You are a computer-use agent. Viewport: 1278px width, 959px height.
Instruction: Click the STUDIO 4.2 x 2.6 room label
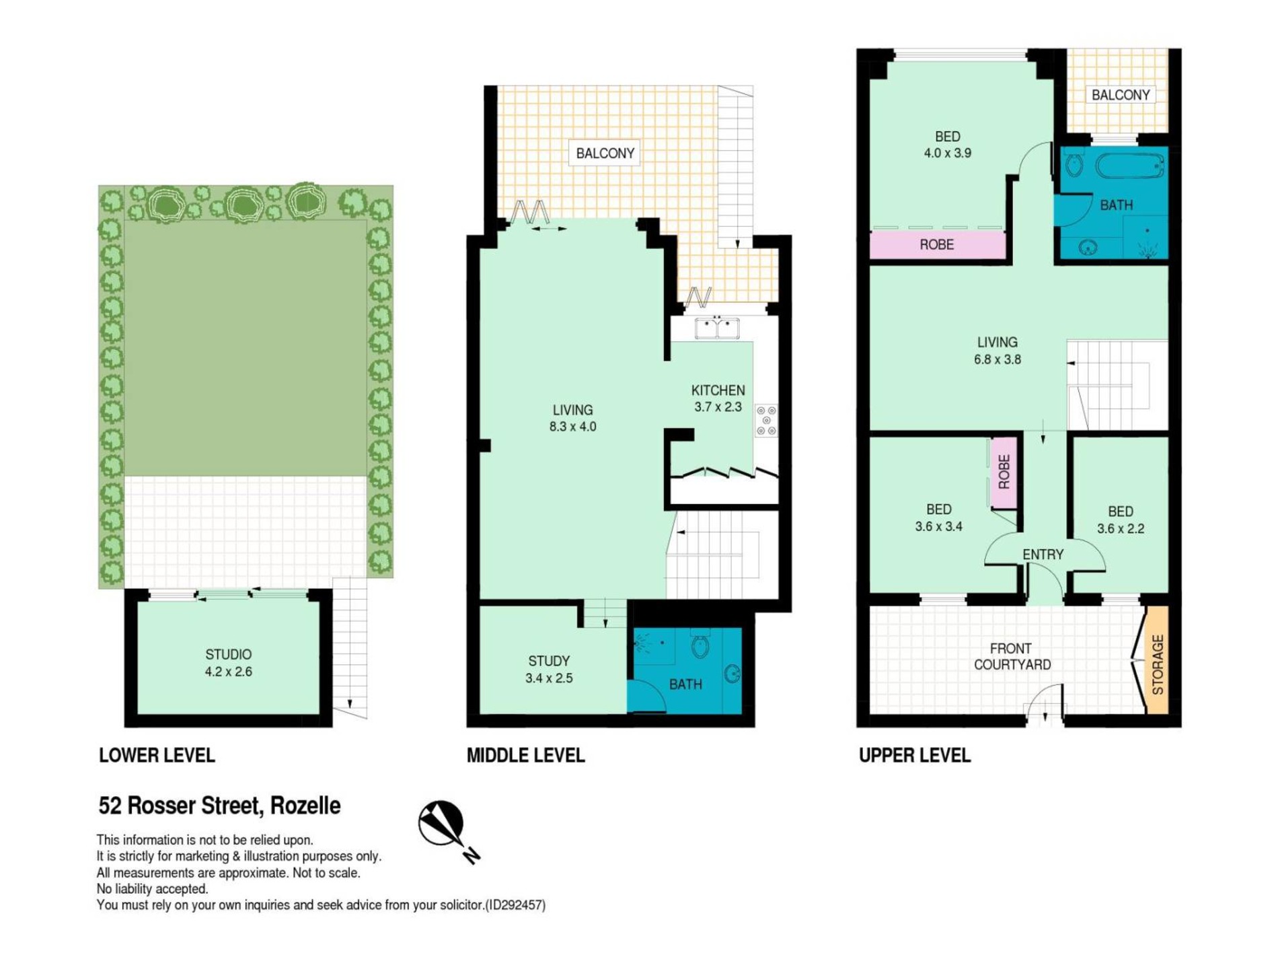[x=229, y=663]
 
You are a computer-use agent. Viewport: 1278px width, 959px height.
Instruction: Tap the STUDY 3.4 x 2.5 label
[x=549, y=670]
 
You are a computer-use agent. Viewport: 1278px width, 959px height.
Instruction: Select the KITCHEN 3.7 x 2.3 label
[x=718, y=398]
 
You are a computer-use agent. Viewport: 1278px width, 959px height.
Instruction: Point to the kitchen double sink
[x=717, y=328]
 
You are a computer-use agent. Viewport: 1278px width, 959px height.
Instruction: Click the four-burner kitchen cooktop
[x=766, y=420]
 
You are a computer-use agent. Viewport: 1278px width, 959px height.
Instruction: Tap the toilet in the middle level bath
[x=700, y=646]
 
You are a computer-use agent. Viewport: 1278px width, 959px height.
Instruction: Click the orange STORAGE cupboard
[x=1157, y=660]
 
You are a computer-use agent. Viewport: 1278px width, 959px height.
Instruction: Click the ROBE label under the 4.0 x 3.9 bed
[x=936, y=244]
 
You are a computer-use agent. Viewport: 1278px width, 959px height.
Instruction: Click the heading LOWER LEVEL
[x=157, y=755]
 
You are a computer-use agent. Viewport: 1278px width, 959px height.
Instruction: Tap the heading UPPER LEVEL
[x=915, y=755]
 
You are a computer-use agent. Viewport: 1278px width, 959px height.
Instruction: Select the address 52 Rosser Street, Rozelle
[x=220, y=805]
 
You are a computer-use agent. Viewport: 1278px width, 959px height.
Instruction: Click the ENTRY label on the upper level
[x=1043, y=555]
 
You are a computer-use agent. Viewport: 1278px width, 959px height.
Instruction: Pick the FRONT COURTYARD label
[x=1012, y=656]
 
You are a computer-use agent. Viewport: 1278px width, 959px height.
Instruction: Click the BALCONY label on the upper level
[x=1121, y=95]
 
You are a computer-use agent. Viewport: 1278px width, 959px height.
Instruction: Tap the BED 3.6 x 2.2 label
[x=1121, y=520]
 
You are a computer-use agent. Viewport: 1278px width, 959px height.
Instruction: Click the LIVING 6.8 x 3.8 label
[x=997, y=351]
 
